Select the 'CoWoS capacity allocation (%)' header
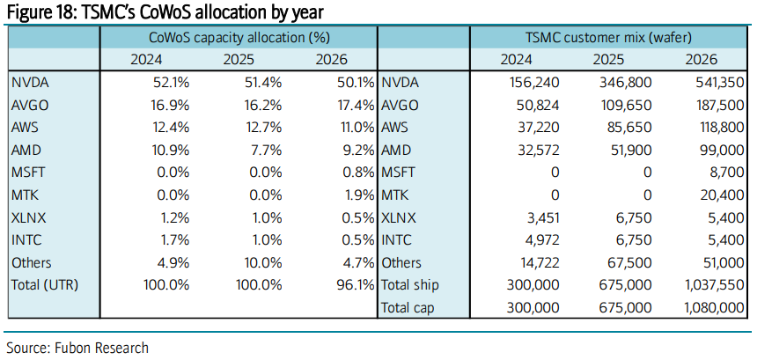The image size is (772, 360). click(238, 38)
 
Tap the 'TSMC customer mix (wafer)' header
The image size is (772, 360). click(608, 38)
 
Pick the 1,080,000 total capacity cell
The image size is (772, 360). click(712, 307)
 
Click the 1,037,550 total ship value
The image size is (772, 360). click(712, 285)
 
